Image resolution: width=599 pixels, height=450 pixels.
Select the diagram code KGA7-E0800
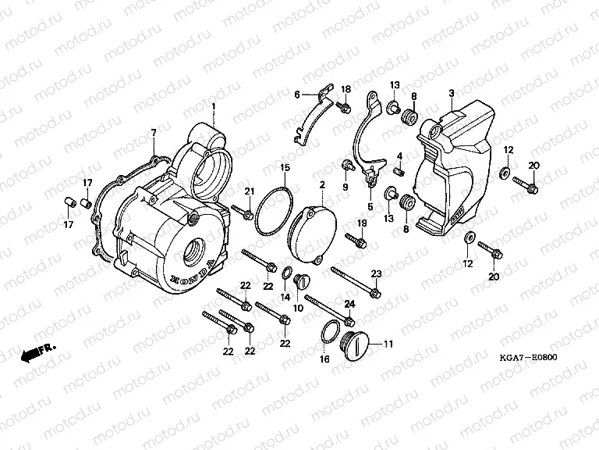coord(530,358)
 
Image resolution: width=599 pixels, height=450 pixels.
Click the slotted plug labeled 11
coord(358,343)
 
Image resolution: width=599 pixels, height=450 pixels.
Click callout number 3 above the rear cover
coord(452,93)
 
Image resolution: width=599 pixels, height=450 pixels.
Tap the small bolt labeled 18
coord(343,103)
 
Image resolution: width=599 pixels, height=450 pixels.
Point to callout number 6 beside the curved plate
coord(296,95)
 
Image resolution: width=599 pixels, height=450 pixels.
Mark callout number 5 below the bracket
coord(371,206)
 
